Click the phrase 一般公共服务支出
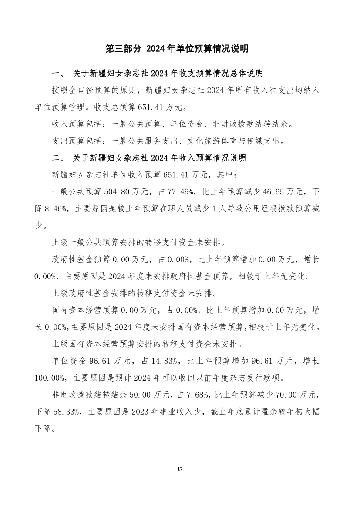click(x=145, y=141)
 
